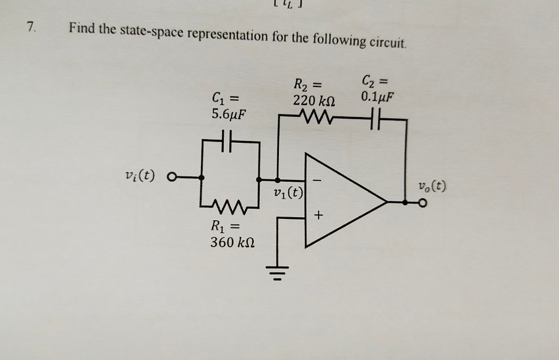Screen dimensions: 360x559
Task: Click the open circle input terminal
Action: tap(173, 178)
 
